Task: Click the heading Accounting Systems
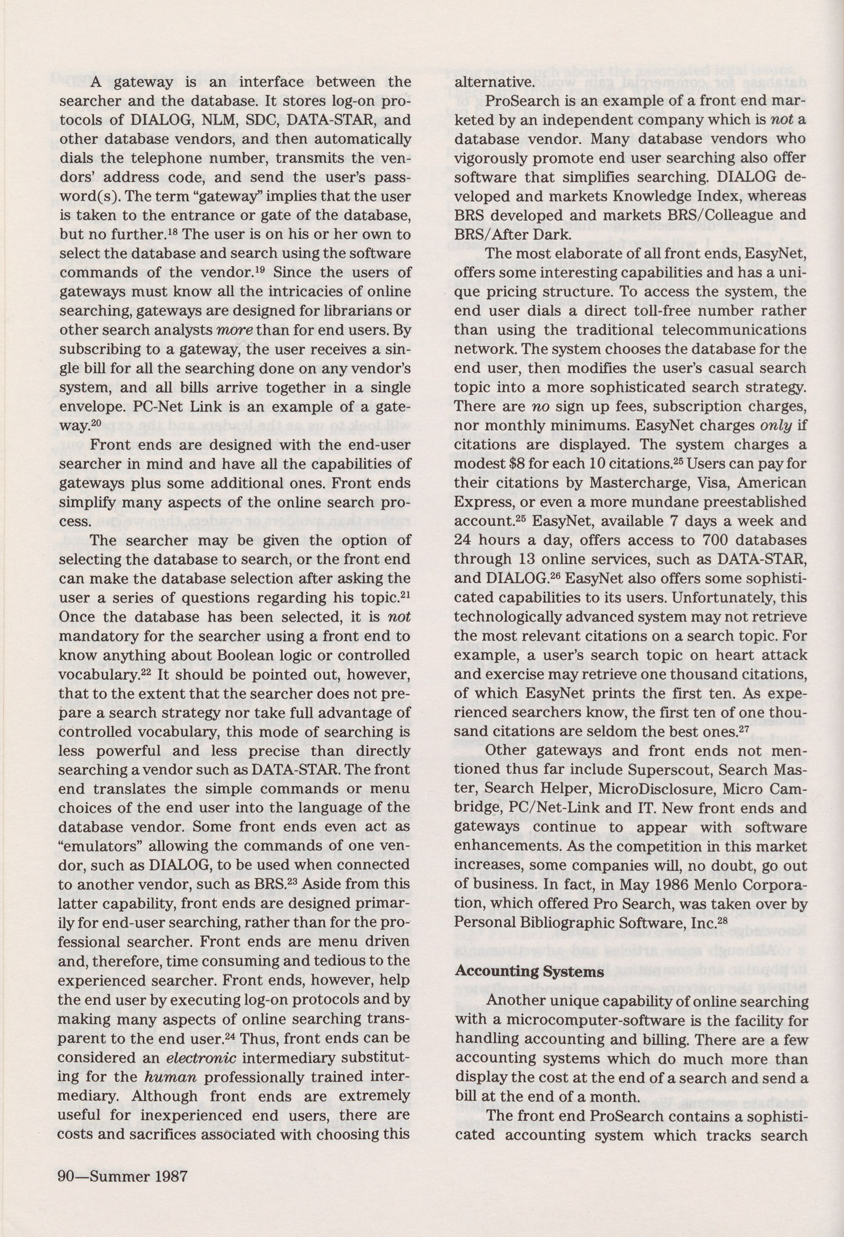tap(530, 972)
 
